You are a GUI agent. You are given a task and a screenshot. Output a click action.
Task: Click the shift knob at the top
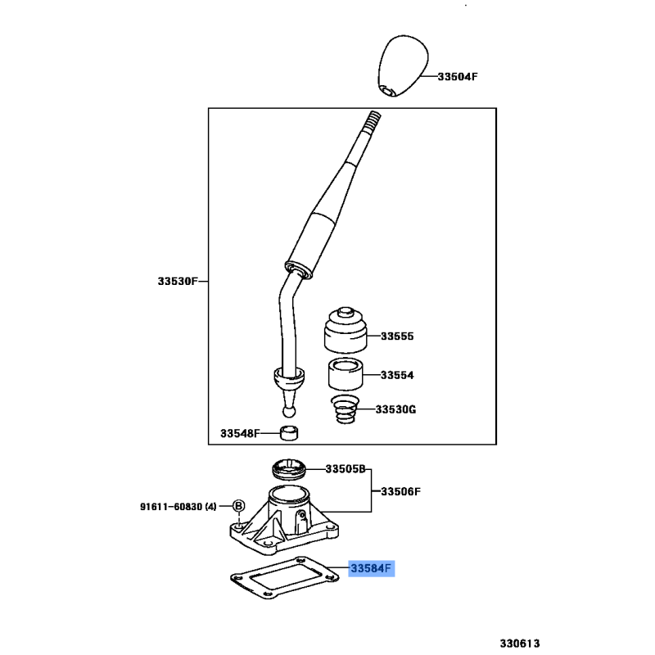(403, 65)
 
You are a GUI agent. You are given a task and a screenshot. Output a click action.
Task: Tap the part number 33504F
(458, 76)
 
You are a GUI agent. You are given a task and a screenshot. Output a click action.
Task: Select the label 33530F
(178, 281)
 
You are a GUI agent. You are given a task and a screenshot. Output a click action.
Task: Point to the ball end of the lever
(289, 412)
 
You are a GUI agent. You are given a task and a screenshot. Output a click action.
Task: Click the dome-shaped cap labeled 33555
(346, 330)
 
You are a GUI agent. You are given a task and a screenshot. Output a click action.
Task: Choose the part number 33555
(397, 337)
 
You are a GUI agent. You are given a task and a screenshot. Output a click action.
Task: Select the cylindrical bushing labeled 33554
(346, 374)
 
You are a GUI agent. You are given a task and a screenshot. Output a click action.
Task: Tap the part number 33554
(397, 375)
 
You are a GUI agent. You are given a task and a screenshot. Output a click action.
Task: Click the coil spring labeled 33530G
(345, 409)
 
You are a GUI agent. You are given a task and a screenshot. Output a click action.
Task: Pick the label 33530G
(395, 409)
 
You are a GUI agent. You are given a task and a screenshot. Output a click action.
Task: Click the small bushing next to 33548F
(289, 433)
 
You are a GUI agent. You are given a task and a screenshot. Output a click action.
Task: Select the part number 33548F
(240, 434)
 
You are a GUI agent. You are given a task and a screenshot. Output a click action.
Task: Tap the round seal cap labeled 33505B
(289, 470)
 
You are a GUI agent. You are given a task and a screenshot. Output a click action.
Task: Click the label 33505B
(346, 469)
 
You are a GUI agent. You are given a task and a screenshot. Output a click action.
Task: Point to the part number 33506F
(400, 492)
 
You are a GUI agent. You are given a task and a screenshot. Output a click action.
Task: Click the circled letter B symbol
(238, 506)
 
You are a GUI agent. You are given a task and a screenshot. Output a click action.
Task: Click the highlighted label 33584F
(372, 568)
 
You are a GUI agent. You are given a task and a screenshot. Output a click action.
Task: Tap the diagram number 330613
(520, 644)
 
